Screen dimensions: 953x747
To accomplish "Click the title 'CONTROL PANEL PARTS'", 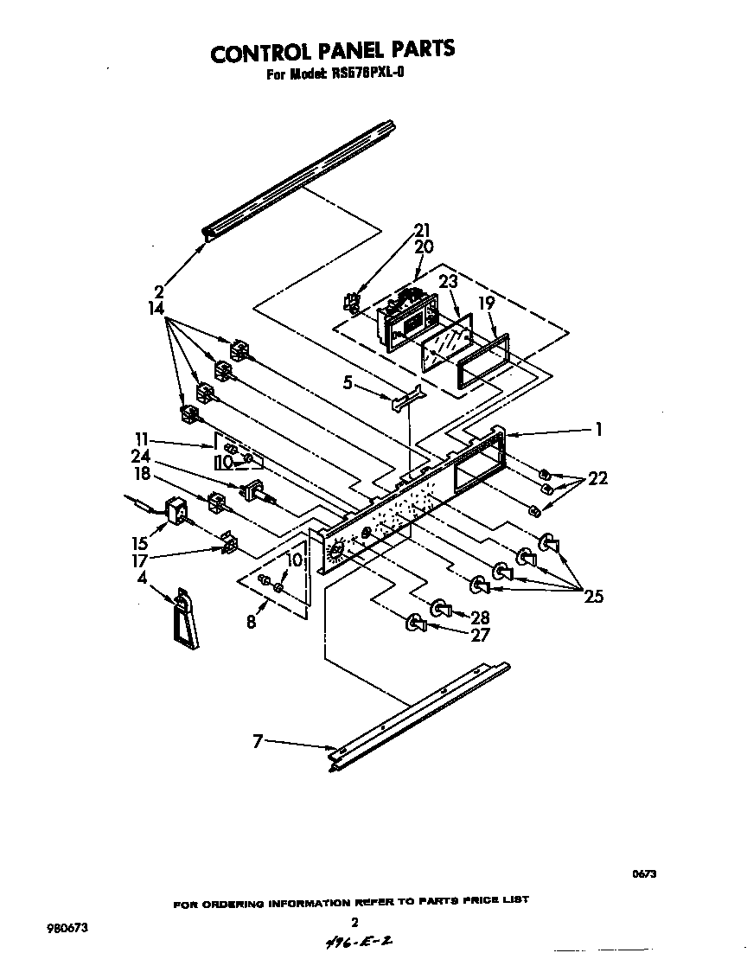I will coord(333,51).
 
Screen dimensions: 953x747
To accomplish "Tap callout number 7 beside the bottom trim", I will coord(257,740).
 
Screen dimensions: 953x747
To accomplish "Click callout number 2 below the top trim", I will coord(158,291).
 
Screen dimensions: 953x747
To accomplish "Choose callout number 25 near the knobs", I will coord(593,596).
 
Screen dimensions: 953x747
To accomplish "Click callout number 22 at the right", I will coord(597,478).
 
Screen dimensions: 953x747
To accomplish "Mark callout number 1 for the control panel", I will coord(597,429).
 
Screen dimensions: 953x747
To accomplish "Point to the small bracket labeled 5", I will coord(406,398).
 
